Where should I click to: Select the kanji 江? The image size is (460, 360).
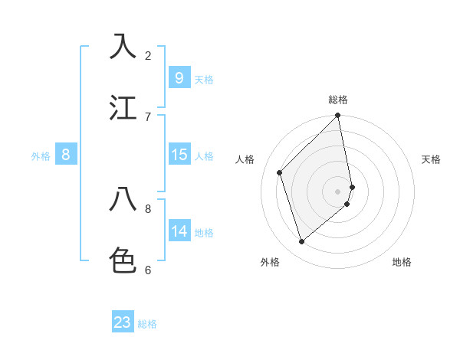click(123, 107)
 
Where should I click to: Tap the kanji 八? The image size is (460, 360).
click(123, 199)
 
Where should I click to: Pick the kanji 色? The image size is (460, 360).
click(123, 260)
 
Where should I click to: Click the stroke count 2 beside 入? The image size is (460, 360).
click(148, 55)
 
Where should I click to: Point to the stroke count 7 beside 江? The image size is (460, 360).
click(148, 116)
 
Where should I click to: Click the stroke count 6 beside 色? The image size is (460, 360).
click(148, 270)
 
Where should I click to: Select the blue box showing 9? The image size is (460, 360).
click(179, 78)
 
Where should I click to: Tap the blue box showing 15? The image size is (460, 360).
click(179, 155)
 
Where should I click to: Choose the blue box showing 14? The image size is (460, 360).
click(179, 231)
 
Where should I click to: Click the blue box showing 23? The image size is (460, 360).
click(123, 322)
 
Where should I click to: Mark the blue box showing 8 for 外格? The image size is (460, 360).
click(66, 155)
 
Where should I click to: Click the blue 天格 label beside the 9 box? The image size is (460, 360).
click(204, 80)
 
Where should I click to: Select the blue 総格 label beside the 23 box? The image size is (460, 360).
click(147, 324)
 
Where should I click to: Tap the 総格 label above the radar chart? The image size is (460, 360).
click(338, 100)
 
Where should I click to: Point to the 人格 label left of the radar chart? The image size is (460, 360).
click(245, 159)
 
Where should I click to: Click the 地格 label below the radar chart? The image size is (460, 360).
click(402, 262)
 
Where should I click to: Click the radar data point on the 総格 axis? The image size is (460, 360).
click(338, 116)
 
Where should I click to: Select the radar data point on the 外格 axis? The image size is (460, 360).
click(301, 242)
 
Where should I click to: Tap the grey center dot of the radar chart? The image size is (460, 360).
click(338, 191)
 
